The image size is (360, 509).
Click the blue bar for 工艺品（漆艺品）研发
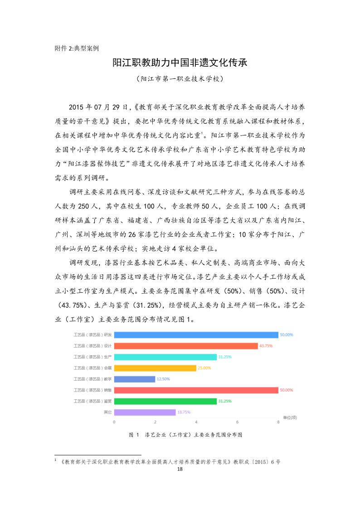tap(196, 335)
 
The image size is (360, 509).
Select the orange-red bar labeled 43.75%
tap(186, 346)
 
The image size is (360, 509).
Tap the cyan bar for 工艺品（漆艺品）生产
tap(165, 357)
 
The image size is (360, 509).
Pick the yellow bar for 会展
tap(155, 368)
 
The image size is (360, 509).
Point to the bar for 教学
tap(134, 379)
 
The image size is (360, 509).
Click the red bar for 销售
tap(196, 390)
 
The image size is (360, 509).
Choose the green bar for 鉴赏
tap(165, 401)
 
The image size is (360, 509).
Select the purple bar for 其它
tap(145, 412)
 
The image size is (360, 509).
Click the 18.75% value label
tap(184, 412)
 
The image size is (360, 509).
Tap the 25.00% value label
tap(204, 368)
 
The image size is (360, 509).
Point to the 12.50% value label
tap(163, 379)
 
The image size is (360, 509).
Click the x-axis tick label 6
tap(237, 422)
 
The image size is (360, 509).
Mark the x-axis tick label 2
tap(155, 422)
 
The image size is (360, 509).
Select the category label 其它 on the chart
tap(108, 412)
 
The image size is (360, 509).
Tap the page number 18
tap(180, 469)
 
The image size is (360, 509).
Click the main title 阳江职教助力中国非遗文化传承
tap(180, 63)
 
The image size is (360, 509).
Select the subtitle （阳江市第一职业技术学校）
tap(180, 79)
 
